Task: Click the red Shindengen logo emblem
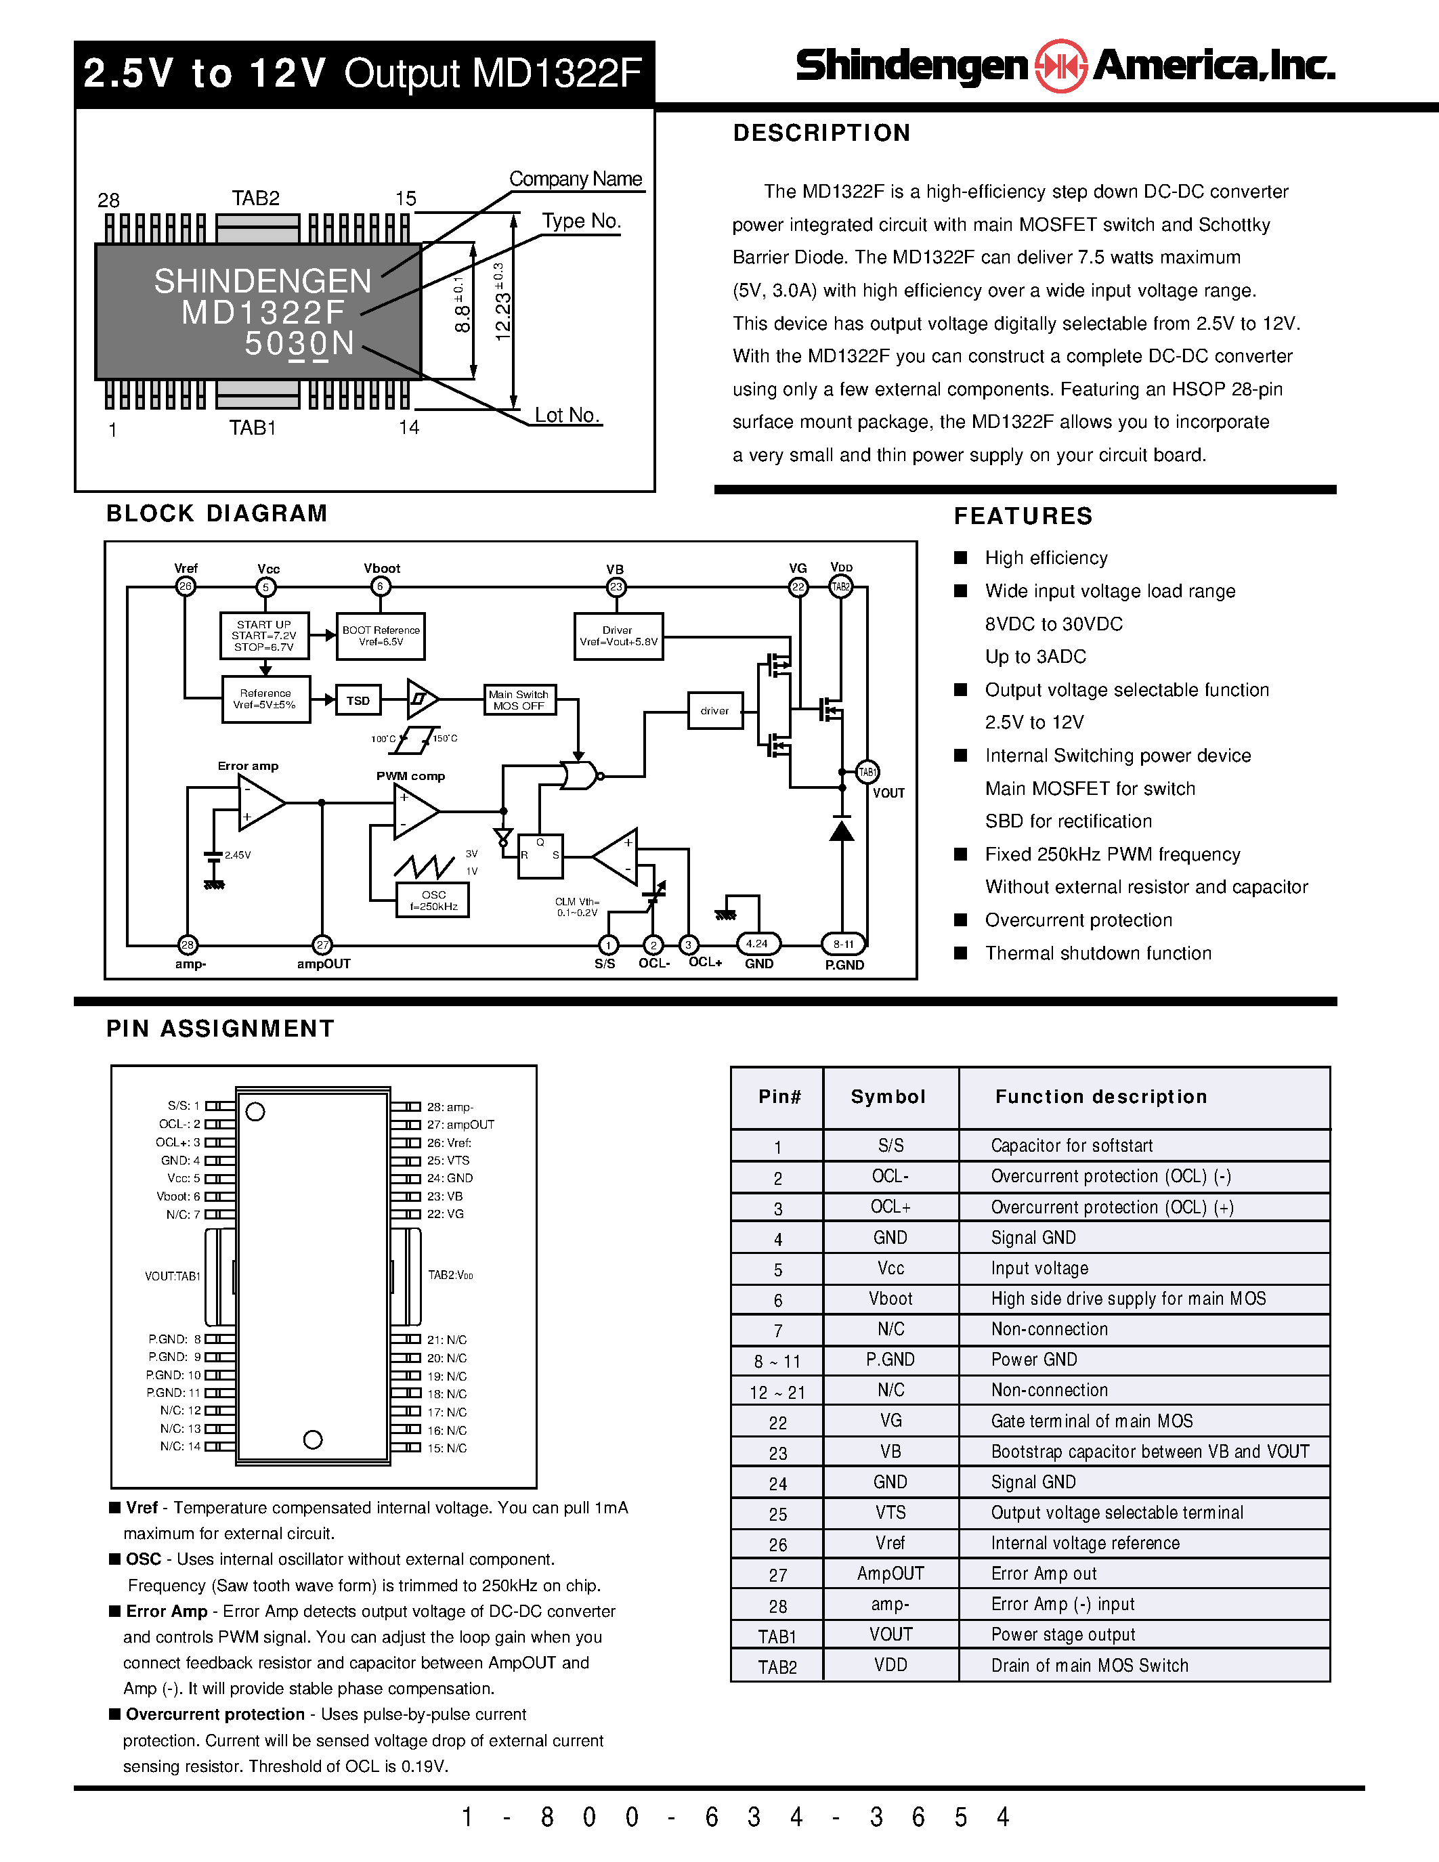(x=1060, y=66)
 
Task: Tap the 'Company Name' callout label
(x=576, y=179)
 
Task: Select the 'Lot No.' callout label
(x=567, y=415)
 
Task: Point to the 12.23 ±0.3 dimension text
(x=503, y=303)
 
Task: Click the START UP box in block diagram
(x=263, y=636)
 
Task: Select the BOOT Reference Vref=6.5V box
(x=380, y=636)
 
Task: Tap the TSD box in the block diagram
(x=358, y=701)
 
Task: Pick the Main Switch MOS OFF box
(x=518, y=700)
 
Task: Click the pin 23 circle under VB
(x=616, y=586)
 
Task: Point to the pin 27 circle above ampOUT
(x=322, y=945)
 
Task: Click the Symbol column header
(x=888, y=1098)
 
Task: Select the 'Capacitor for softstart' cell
(x=1071, y=1146)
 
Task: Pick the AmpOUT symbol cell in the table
(x=890, y=1574)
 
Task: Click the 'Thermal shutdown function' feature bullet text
(x=1098, y=953)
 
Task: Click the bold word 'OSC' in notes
(x=143, y=1559)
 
